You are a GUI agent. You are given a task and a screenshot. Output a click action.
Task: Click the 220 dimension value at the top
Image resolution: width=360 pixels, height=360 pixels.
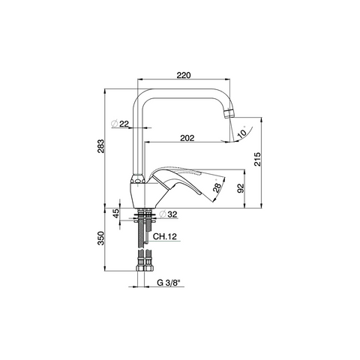tap(184, 75)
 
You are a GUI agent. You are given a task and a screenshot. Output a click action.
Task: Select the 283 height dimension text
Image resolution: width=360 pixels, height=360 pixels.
tap(100, 146)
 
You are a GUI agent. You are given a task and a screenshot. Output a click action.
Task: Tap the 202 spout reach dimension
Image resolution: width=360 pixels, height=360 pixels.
tap(187, 138)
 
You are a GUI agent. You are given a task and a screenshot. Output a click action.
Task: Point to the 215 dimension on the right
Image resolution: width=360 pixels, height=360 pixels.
tap(257, 159)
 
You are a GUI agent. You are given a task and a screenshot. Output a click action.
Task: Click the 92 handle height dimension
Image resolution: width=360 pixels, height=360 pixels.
tap(240, 188)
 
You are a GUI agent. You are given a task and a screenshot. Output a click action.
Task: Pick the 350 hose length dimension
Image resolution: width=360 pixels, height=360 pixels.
tap(100, 238)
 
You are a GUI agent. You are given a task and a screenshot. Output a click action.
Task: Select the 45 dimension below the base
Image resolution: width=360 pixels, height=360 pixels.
tap(116, 214)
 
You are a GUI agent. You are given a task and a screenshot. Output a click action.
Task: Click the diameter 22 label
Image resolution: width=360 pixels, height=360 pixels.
tap(120, 124)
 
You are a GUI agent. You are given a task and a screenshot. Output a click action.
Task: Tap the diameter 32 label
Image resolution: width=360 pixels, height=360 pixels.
tap(168, 214)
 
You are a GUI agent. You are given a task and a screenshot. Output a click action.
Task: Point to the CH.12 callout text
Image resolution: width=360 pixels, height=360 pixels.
tap(165, 236)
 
